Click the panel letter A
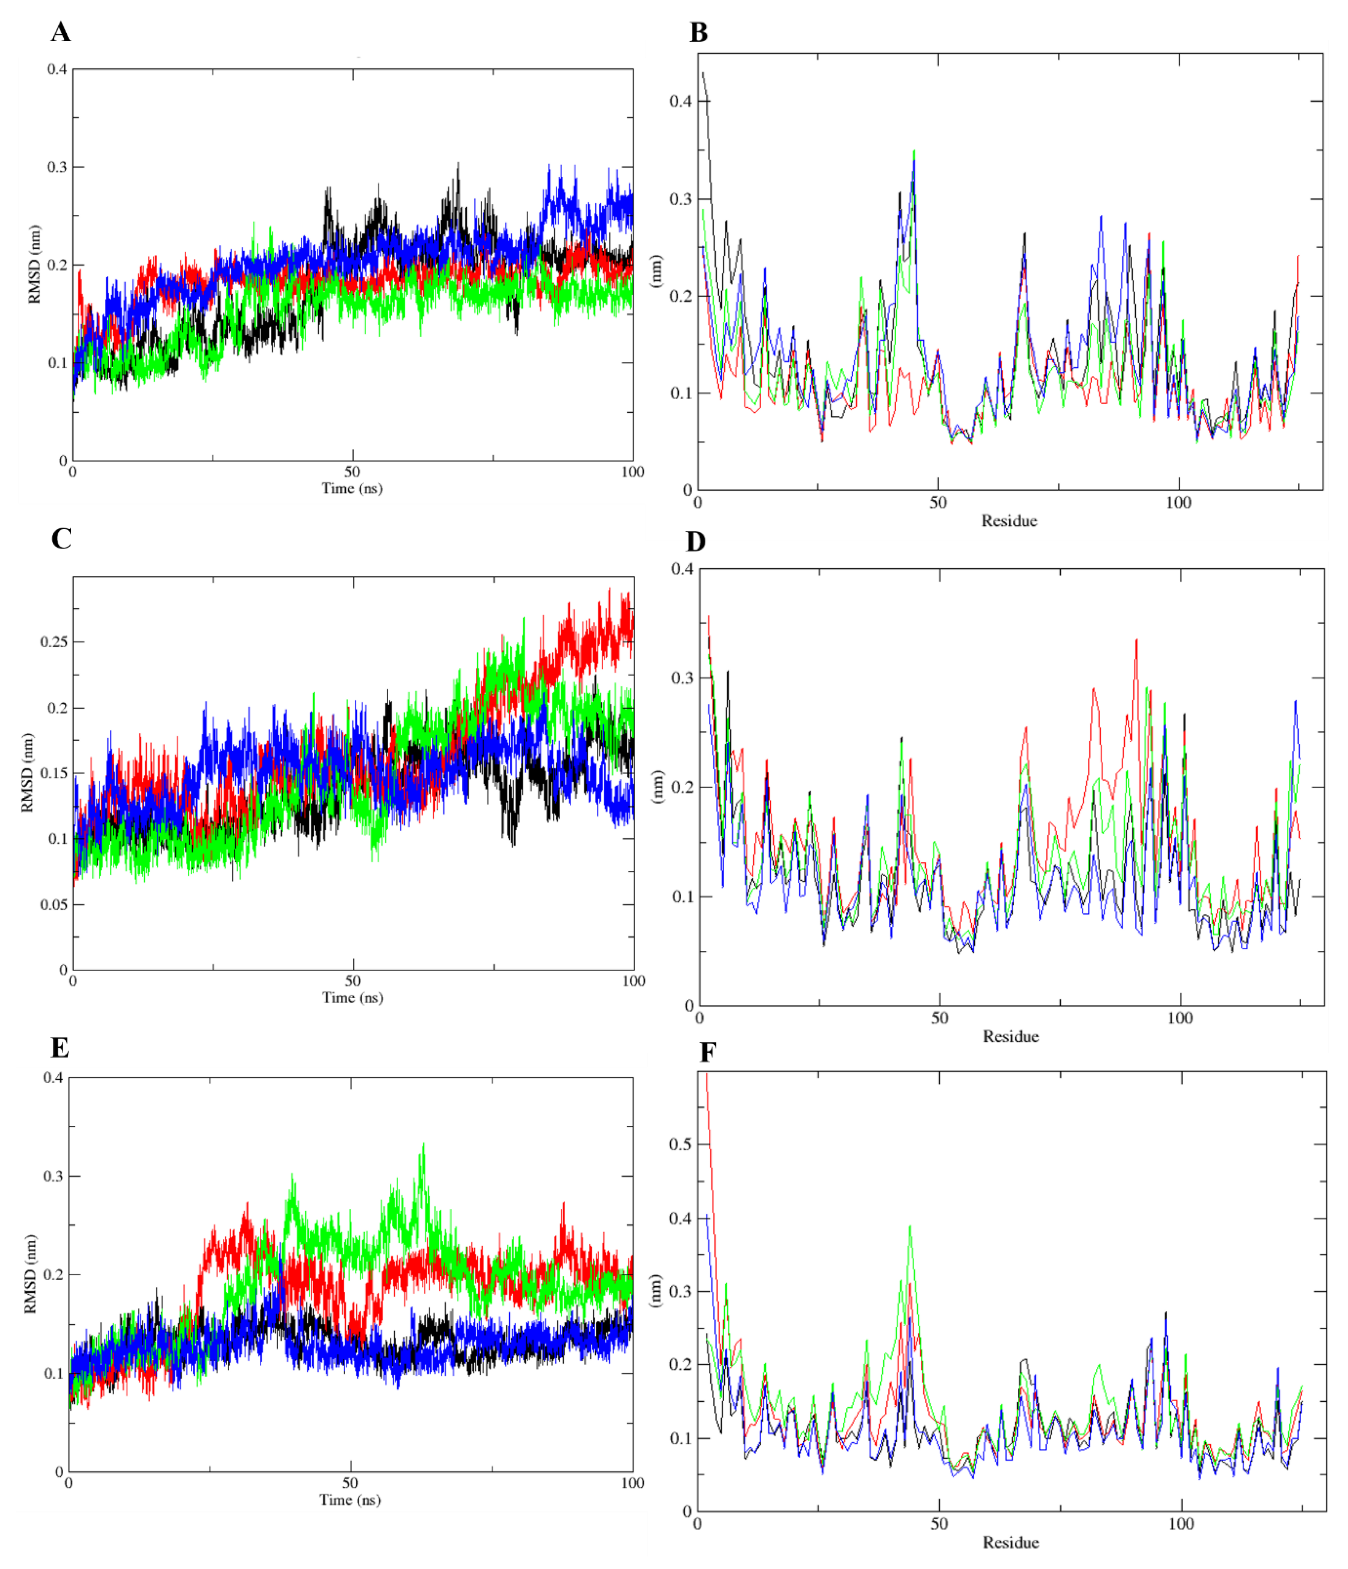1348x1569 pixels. pyautogui.click(x=60, y=32)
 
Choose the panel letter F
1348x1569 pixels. pyautogui.click(x=707, y=1053)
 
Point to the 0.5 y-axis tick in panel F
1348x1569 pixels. pyautogui.click(x=680, y=1144)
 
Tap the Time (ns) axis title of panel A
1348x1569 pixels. pyautogui.click(x=352, y=488)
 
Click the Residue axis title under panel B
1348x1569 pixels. pyautogui.click(x=1009, y=521)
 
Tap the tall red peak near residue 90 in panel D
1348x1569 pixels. pyautogui.click(x=1136, y=640)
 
